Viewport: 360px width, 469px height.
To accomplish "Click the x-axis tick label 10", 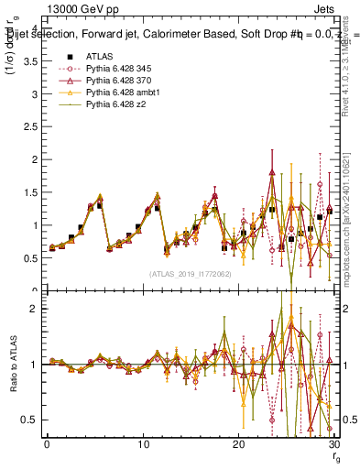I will [x=143, y=445].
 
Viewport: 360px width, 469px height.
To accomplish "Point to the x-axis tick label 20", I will [x=238, y=445].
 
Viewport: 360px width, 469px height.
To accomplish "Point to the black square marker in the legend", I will [x=69, y=56].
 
